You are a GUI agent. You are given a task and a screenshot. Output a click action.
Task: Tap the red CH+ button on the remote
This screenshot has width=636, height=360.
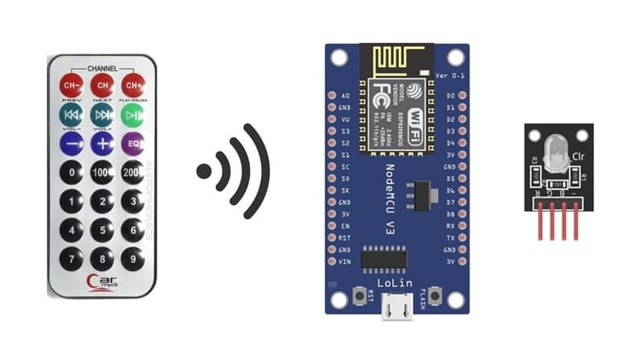[x=133, y=84]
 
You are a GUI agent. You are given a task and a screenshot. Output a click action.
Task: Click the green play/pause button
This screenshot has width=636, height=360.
[x=133, y=114]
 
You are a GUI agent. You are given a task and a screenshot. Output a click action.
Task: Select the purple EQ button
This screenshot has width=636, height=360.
[x=133, y=144]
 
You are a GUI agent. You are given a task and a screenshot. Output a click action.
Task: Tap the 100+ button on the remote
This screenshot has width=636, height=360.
[x=102, y=173]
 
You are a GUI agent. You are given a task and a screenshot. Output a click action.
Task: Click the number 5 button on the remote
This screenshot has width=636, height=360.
[x=102, y=230]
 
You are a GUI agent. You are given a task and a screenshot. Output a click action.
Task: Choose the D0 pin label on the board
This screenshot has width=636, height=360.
[x=450, y=96]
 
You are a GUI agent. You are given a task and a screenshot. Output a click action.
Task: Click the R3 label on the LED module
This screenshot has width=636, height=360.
[x=534, y=160]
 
